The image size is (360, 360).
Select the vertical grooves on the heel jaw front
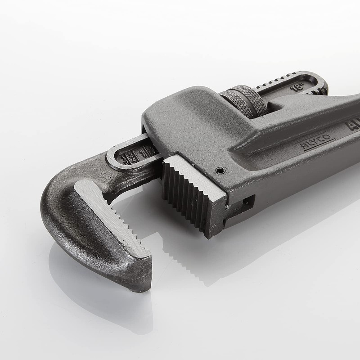[187, 198]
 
